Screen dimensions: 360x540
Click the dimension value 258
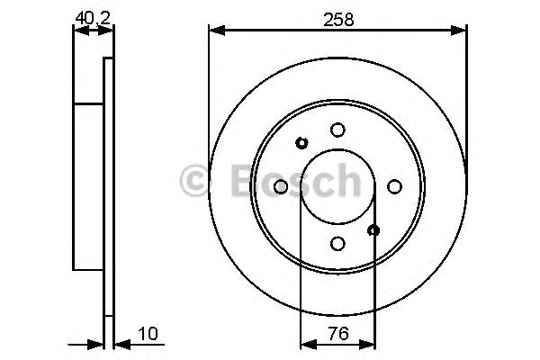click(x=337, y=17)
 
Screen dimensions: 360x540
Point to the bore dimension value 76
click(x=337, y=333)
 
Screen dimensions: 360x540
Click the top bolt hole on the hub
click(x=337, y=130)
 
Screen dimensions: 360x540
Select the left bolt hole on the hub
click(x=280, y=186)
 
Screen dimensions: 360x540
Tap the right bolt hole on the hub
click(x=394, y=186)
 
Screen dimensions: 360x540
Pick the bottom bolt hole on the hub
click(x=337, y=243)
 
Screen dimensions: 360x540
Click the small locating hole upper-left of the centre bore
click(x=301, y=142)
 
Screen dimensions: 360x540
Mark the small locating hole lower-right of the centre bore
click(x=374, y=230)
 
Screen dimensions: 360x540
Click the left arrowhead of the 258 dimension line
click(x=215, y=31)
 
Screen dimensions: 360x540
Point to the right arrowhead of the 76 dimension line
click(x=369, y=344)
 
